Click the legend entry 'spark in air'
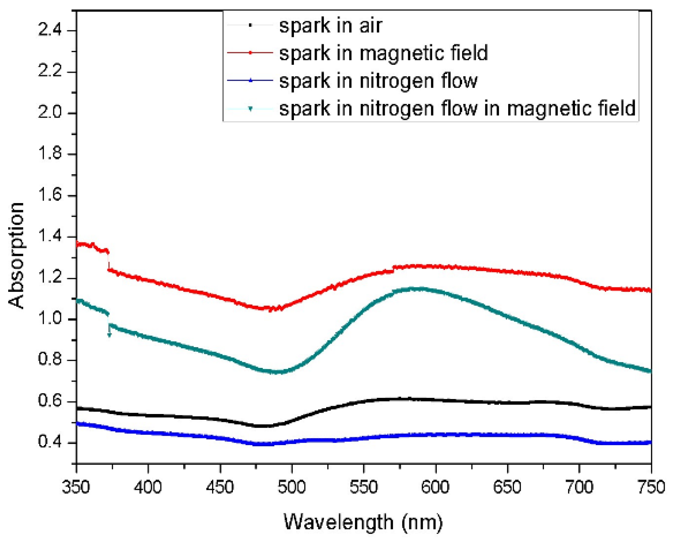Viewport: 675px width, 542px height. click(330, 26)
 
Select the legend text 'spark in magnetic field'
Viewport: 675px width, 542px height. click(383, 53)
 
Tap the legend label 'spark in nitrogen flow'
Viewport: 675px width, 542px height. click(378, 81)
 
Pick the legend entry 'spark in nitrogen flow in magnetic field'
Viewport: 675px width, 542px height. click(457, 108)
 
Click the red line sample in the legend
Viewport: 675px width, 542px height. click(250, 53)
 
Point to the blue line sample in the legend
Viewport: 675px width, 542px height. click(250, 80)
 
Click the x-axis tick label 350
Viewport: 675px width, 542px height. click(76, 487)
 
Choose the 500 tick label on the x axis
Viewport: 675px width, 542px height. click(291, 487)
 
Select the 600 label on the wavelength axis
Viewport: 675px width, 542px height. click(435, 487)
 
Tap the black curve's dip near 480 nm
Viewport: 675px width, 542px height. click(262, 426)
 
